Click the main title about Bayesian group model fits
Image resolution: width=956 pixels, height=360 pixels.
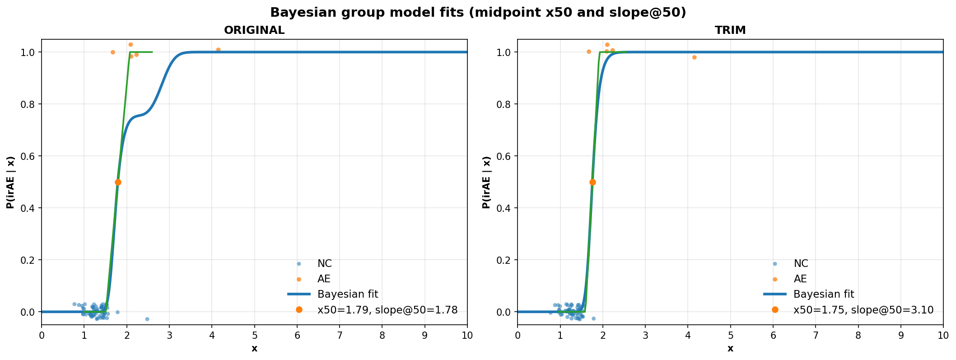[478, 13]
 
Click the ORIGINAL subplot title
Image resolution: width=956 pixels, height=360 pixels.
[254, 30]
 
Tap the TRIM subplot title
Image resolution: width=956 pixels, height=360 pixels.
[730, 30]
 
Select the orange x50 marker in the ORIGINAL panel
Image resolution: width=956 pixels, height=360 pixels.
[118, 182]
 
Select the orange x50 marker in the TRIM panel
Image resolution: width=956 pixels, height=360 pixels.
[592, 182]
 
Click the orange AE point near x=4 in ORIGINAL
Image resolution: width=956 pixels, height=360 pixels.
[218, 50]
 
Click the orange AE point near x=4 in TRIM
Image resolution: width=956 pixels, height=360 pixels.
[694, 57]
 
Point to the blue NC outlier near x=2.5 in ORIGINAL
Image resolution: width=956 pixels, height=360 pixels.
[147, 319]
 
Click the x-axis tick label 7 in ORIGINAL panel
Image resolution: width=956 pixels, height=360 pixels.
[340, 335]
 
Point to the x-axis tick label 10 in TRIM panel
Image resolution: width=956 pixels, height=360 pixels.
[943, 335]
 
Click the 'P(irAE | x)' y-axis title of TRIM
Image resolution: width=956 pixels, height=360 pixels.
[486, 182]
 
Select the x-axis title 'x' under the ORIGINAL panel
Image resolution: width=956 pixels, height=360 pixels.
[254, 349]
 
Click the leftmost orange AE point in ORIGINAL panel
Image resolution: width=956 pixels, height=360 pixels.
[113, 52]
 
